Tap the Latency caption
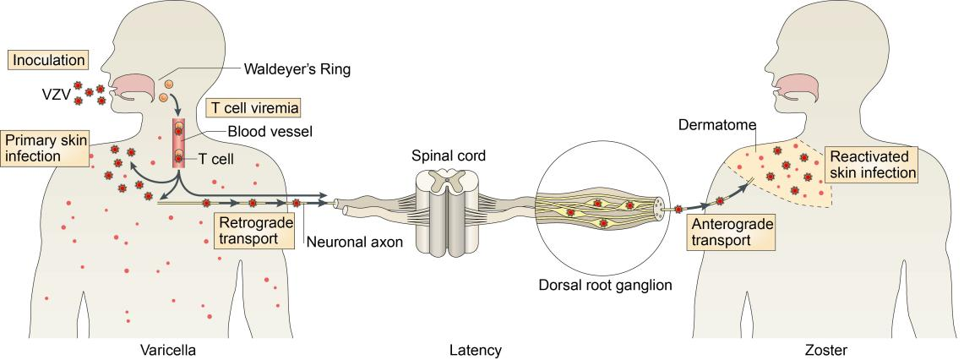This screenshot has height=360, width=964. [x=477, y=348]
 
